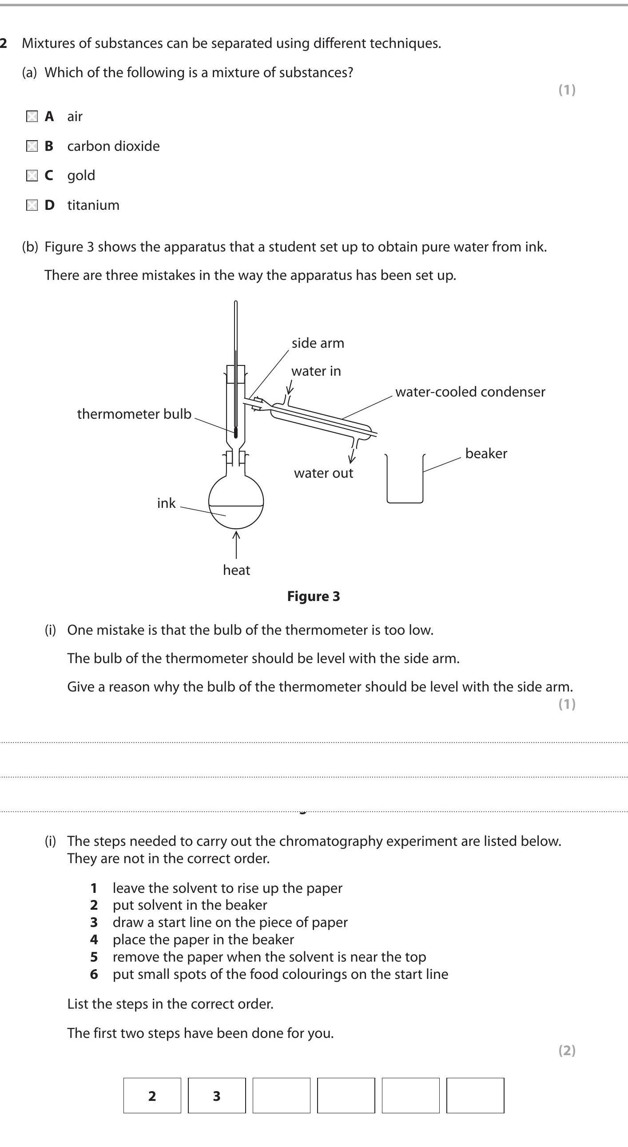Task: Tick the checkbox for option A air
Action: click(32, 117)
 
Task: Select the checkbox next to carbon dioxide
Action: click(32, 146)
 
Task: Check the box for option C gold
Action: click(32, 176)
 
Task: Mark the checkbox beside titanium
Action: click(32, 205)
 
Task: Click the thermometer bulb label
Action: click(134, 414)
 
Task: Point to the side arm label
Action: click(318, 343)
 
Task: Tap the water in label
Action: click(316, 371)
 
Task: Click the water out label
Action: click(323, 473)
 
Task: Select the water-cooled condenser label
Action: click(470, 392)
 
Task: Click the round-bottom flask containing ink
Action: click(236, 501)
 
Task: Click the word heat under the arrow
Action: click(236, 570)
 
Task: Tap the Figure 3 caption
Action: click(313, 596)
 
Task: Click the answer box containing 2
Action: click(152, 1096)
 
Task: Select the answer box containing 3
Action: click(217, 1096)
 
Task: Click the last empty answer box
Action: click(475, 1096)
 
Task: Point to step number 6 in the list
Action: click(94, 974)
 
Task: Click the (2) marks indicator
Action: click(567, 1050)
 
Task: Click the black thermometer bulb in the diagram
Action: click(236, 432)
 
